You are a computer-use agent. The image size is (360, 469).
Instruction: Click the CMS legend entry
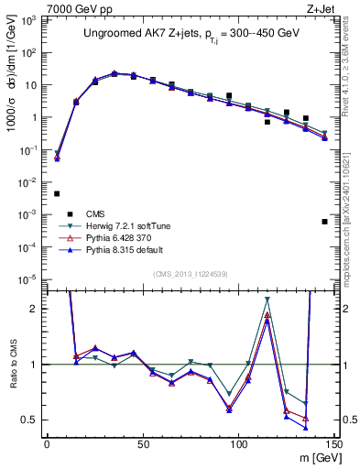pos(109,213)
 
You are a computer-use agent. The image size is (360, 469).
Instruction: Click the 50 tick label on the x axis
pos(143,444)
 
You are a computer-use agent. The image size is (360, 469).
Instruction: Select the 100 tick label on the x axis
pos(238,444)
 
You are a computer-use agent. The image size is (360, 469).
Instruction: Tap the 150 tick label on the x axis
pos(333,444)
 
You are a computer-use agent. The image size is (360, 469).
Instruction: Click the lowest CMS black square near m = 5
pos(57,193)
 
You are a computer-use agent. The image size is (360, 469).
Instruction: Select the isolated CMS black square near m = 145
pos(324,222)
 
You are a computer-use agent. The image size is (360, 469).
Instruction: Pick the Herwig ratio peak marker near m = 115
pos(267,300)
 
